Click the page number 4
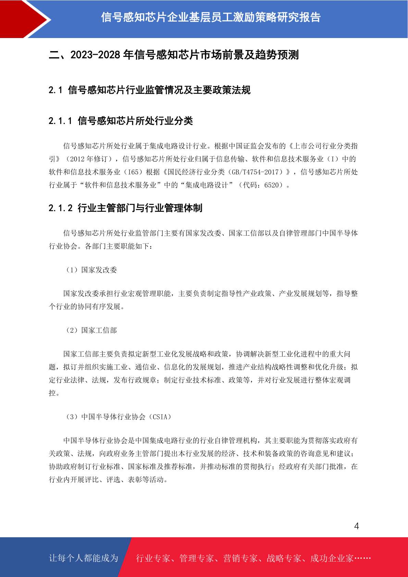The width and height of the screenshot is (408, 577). pyautogui.click(x=356, y=526)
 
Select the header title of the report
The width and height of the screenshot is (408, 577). pyautogui.click(x=211, y=17)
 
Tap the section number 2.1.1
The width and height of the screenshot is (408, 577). pyautogui.click(x=60, y=121)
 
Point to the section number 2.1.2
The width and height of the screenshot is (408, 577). pyautogui.click(x=60, y=208)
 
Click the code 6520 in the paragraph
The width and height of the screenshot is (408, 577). pyautogui.click(x=272, y=185)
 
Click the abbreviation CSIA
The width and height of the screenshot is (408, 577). pyautogui.click(x=160, y=417)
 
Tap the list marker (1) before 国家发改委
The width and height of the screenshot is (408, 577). pyautogui.click(x=72, y=270)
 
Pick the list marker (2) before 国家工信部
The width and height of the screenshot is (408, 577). pyautogui.click(x=72, y=330)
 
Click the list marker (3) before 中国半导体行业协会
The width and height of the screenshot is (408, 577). pyautogui.click(x=72, y=417)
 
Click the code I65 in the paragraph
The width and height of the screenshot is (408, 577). pyautogui.click(x=133, y=172)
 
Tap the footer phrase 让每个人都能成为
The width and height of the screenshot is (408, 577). pyautogui.click(x=84, y=558)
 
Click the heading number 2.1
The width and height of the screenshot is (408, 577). pyautogui.click(x=55, y=90)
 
